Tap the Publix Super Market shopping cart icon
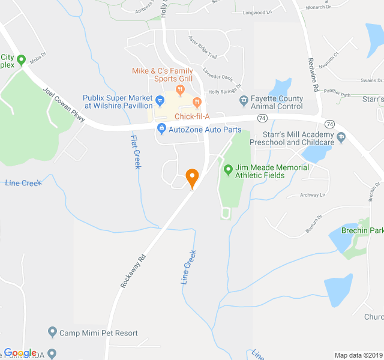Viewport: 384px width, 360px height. tap(160, 100)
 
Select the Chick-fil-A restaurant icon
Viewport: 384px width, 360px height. tap(197, 107)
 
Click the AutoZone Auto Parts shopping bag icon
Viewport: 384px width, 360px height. tap(161, 129)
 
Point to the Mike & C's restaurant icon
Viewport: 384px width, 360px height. tap(179, 90)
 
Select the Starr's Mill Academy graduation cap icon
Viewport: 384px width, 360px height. tap(341, 138)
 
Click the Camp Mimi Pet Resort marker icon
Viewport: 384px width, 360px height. tap(53, 332)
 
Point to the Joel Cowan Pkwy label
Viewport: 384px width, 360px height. tap(64, 106)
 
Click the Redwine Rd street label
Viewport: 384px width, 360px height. tap(312, 74)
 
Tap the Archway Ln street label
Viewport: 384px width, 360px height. tap(313, 194)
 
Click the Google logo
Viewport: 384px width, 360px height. tap(20, 353)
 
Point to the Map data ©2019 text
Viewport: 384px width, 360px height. tap(358, 355)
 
